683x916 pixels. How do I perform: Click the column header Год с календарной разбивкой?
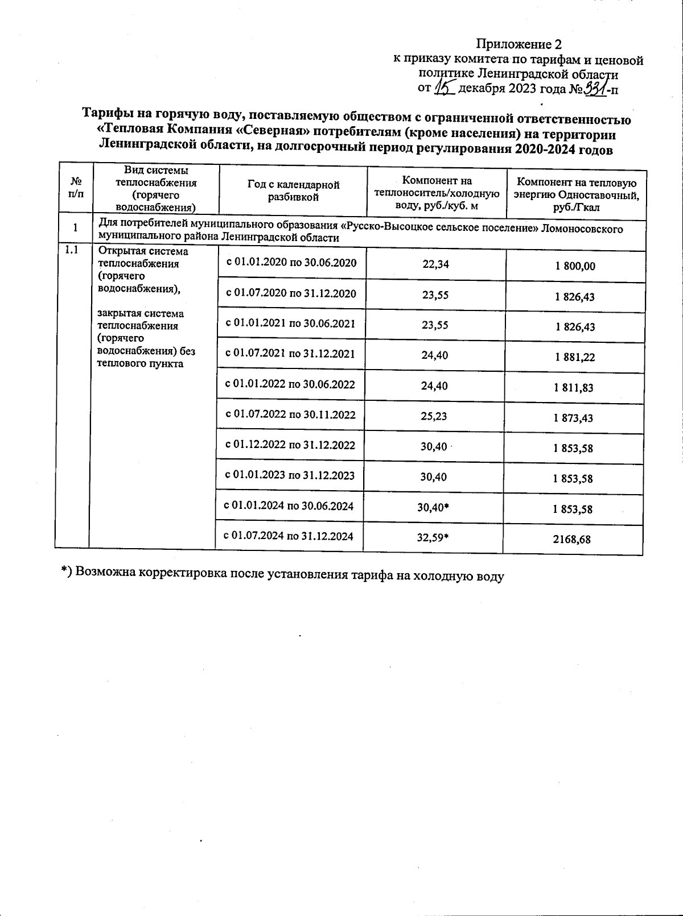click(293, 191)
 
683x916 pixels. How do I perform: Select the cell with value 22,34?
click(436, 264)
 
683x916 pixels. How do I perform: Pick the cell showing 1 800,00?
click(575, 266)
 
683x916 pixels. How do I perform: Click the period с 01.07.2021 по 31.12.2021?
click(290, 354)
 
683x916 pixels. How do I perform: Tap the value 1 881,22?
click(574, 357)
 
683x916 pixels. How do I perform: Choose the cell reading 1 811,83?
click(573, 388)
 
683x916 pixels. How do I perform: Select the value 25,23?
click(434, 416)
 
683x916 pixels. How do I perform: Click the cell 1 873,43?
click(573, 418)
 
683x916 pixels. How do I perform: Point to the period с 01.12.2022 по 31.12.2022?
click(290, 445)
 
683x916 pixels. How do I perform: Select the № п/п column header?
click(75, 188)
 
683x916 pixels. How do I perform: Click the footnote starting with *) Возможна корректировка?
click(282, 574)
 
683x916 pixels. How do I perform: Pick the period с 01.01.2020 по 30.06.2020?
click(291, 263)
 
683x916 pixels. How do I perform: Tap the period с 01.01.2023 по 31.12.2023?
click(290, 475)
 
